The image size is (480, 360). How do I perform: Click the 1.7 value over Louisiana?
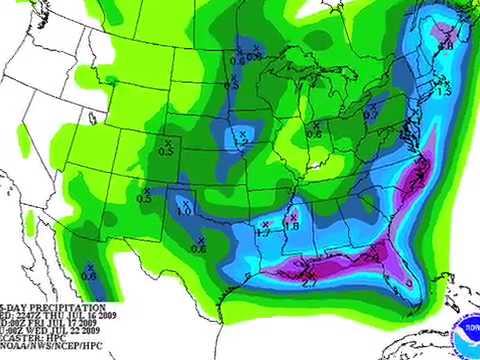265,230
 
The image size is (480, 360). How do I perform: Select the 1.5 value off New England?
447,90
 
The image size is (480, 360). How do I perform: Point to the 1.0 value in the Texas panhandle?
184,211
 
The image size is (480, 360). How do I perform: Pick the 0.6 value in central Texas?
199,247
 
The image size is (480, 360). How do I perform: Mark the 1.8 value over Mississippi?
292,225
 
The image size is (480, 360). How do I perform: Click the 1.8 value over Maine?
446,44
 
